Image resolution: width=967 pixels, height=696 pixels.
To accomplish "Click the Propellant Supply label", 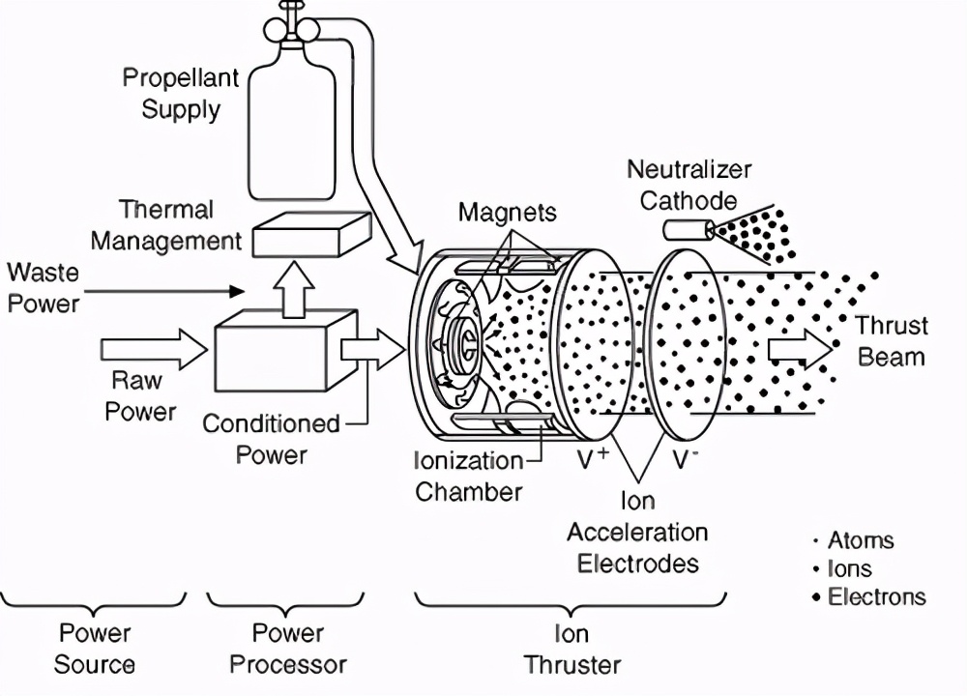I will click(x=181, y=94).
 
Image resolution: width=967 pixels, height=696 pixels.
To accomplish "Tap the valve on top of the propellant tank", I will click(x=290, y=24).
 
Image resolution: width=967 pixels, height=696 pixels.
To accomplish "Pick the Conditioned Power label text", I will click(x=271, y=438).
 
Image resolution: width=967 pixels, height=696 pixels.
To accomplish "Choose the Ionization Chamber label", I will click(x=468, y=476).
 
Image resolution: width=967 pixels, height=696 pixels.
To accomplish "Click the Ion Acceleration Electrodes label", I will click(x=637, y=532).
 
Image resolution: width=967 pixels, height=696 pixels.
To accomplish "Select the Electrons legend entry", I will click(x=870, y=596).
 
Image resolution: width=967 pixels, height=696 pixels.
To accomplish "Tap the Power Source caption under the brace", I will click(x=94, y=649).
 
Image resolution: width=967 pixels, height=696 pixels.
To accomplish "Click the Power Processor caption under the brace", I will click(x=287, y=649).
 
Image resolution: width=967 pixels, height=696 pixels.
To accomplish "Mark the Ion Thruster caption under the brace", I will click(x=571, y=649).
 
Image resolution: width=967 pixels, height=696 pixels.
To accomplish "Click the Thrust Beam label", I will click(x=891, y=341).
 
